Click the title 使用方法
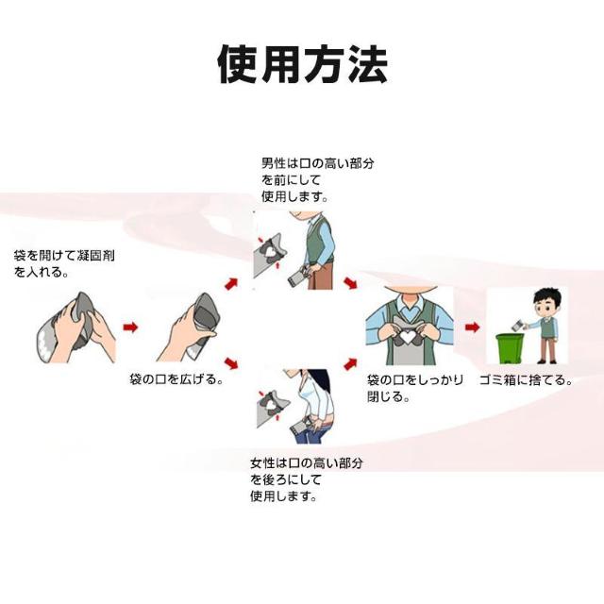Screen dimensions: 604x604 point(302,65)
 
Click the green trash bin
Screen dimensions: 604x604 point(510,348)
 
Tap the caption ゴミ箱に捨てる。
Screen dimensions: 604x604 point(527,380)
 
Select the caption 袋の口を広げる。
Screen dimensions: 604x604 point(176,379)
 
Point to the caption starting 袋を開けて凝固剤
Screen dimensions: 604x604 point(64,263)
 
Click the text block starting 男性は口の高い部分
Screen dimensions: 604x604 point(318,180)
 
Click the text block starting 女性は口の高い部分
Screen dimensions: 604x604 point(307,479)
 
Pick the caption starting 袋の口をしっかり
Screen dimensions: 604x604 point(415,388)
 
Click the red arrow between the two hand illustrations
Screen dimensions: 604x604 point(130,327)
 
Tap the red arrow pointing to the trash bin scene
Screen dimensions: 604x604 point(472,327)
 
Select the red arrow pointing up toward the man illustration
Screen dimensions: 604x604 point(231,284)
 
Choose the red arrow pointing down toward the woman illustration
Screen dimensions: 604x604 point(231,363)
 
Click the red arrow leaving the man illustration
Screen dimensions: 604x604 point(350,283)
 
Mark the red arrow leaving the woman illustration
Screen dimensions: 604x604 point(350,363)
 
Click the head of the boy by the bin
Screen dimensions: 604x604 point(547,301)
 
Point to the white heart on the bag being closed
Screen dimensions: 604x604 point(406,337)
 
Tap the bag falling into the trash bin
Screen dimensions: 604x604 point(517,326)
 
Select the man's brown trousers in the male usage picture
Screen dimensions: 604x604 point(320,275)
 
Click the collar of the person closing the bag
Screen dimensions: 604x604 point(411,306)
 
